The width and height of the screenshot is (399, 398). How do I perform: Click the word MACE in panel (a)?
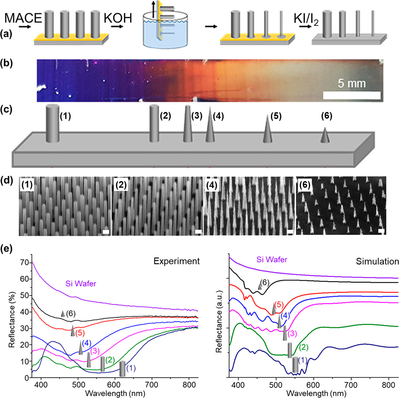coord(23,18)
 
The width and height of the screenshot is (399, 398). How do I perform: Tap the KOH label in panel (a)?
coord(118,18)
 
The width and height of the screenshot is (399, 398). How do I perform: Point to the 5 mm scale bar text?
coord(351,83)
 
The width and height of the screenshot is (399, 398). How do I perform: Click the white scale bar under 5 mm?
coord(351,95)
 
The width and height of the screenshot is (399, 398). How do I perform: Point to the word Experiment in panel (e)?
coord(176,261)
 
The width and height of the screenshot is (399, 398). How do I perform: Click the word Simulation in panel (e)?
coord(377,262)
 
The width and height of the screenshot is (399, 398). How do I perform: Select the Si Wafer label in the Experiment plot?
coord(81,283)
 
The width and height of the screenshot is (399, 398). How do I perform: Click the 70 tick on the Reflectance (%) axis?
coord(25,263)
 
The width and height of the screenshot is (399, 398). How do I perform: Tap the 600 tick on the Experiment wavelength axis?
coord(115,385)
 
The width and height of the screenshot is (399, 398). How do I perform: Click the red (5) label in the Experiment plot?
coord(80,333)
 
